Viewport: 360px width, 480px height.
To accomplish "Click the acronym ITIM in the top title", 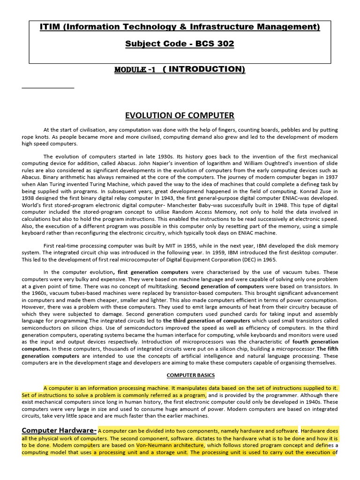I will click(x=52, y=27).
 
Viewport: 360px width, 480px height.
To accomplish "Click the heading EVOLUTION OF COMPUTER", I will click(x=180, y=115).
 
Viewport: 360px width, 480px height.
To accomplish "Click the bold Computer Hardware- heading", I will click(x=59, y=430).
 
